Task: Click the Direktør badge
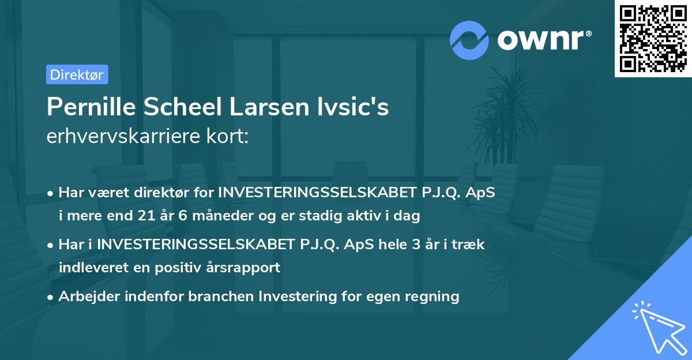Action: click(x=77, y=74)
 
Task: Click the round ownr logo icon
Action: click(x=469, y=40)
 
